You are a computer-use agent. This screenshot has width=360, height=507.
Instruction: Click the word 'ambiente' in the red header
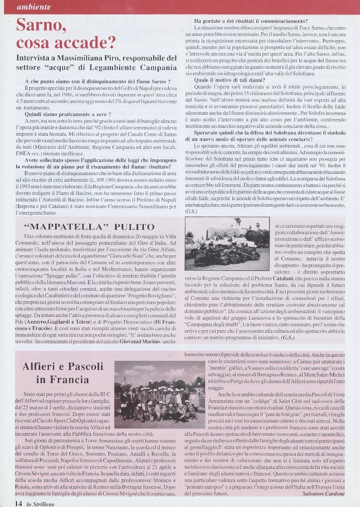pos(34,7)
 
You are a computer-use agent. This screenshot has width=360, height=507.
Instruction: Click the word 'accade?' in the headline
pos(83,42)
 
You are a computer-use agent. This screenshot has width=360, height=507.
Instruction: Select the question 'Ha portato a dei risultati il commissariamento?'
pos(251,21)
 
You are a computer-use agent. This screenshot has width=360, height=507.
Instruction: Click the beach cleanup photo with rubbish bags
pos(227,244)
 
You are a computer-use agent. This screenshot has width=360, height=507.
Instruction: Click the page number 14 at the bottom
pos(18,503)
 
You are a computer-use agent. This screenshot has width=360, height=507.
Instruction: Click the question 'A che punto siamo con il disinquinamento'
pos(95,81)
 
